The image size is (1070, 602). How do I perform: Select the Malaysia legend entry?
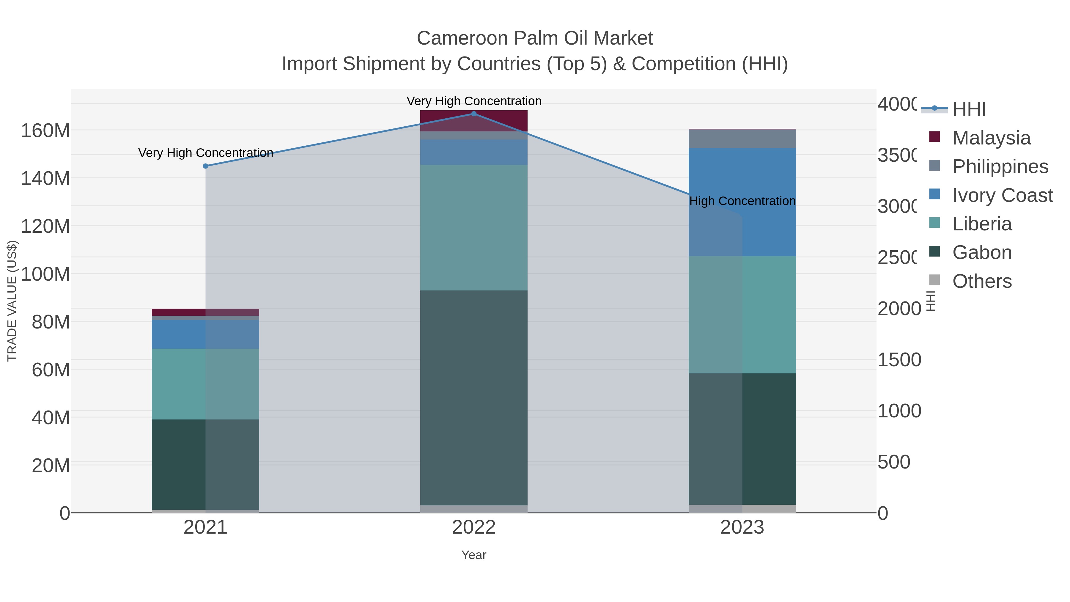pyautogui.click(x=991, y=138)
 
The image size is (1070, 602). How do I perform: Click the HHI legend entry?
pyautogui.click(x=969, y=109)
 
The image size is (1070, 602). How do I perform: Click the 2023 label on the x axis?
pyautogui.click(x=742, y=528)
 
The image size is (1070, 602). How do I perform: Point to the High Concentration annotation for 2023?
pyautogui.click(x=742, y=201)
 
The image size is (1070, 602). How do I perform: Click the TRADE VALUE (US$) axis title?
pyautogui.click(x=12, y=301)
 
